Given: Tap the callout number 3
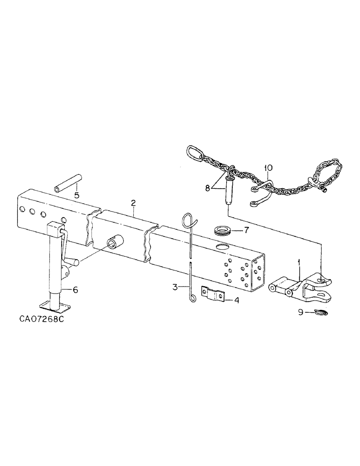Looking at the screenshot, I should pos(174,287).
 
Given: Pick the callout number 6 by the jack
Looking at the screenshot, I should pos(76,289).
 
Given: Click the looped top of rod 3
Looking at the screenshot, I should pos(187,220).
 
